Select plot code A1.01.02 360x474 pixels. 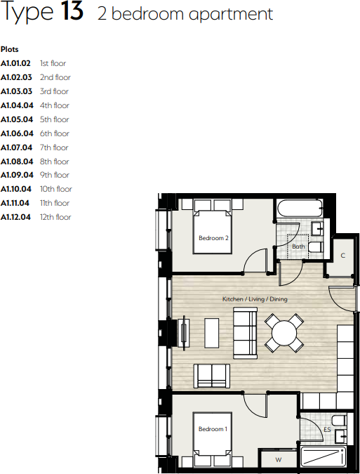15,63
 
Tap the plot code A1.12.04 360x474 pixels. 15,217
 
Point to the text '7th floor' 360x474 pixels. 54,147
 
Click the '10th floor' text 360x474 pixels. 56,189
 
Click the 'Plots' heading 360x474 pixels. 10,49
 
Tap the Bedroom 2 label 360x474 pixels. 213,238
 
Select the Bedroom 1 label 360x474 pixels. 212,429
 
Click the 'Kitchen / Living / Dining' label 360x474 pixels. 255,299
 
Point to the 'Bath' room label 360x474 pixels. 299,246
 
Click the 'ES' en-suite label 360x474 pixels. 327,429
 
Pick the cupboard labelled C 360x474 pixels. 343,256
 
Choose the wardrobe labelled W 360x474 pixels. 279,460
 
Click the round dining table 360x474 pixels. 284,331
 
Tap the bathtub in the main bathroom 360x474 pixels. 299,209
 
